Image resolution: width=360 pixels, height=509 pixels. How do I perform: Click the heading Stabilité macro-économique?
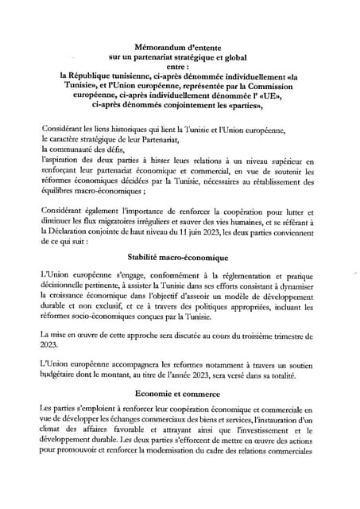tap(178, 258)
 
